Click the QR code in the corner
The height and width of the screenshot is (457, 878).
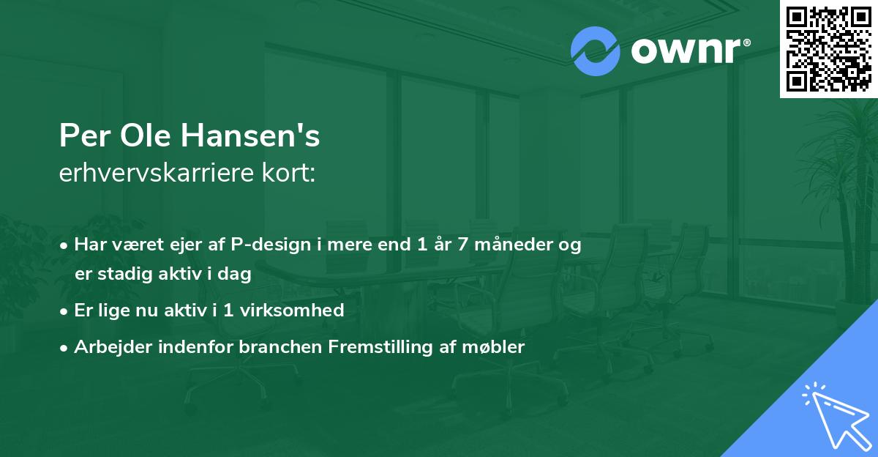tap(828, 48)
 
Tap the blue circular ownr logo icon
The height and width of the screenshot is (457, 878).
tap(594, 51)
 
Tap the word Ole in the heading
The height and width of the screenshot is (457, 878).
tap(140, 135)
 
